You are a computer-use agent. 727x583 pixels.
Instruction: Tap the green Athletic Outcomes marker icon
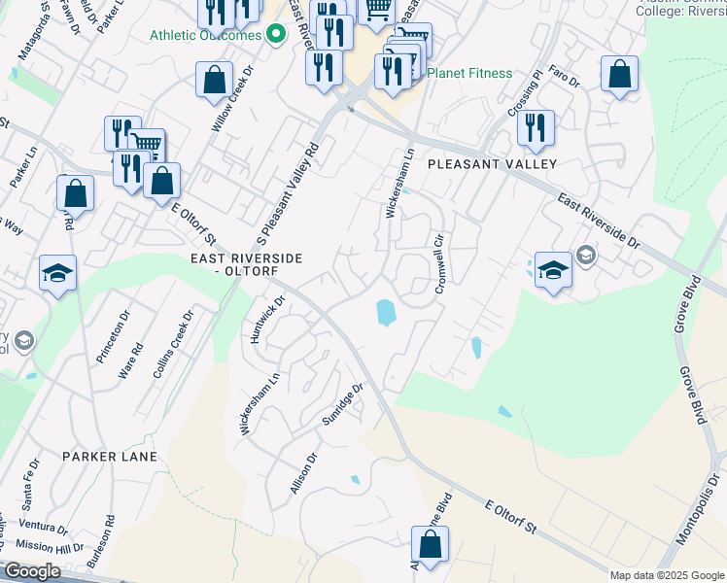click(276, 36)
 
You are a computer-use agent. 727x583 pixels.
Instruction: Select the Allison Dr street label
click(304, 472)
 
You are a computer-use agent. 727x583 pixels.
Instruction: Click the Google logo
click(33, 571)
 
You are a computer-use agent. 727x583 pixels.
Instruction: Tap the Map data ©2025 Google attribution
click(667, 575)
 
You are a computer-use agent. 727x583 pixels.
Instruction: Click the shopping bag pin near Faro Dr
click(619, 76)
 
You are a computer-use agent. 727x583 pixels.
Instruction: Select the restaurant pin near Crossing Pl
click(535, 128)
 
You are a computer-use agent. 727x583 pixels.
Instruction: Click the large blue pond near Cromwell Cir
click(385, 313)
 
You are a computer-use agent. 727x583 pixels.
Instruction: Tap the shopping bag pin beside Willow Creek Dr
click(214, 81)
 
